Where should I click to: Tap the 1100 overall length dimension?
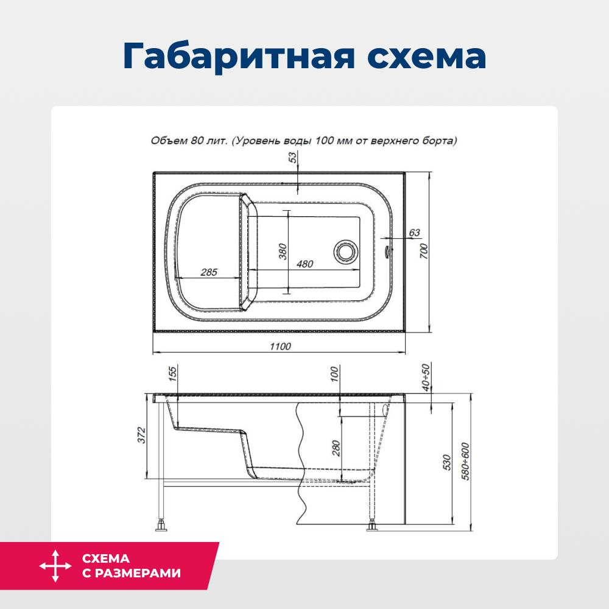280,347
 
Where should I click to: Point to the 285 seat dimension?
209,272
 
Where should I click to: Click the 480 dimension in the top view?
304,264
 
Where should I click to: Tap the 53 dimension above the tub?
293,158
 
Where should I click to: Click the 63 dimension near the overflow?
414,232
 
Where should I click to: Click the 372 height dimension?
141,436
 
